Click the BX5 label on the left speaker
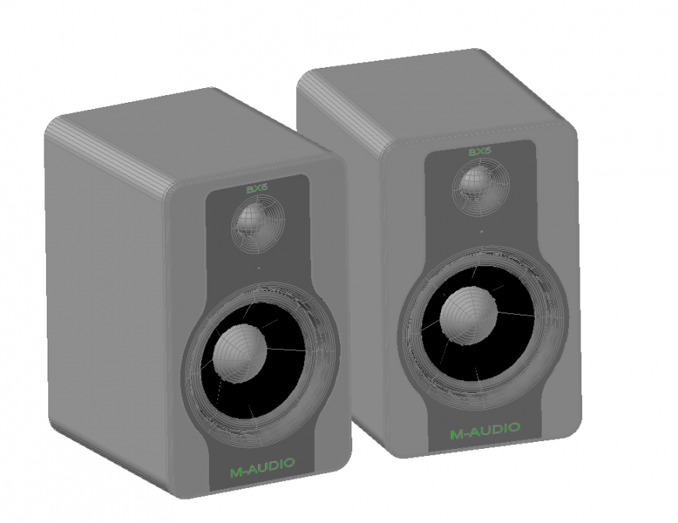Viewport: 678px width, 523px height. click(256, 189)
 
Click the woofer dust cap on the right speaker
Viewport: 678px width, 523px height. click(468, 314)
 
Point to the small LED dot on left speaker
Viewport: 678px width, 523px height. click(258, 268)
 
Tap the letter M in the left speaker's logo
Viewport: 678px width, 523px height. click(235, 470)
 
